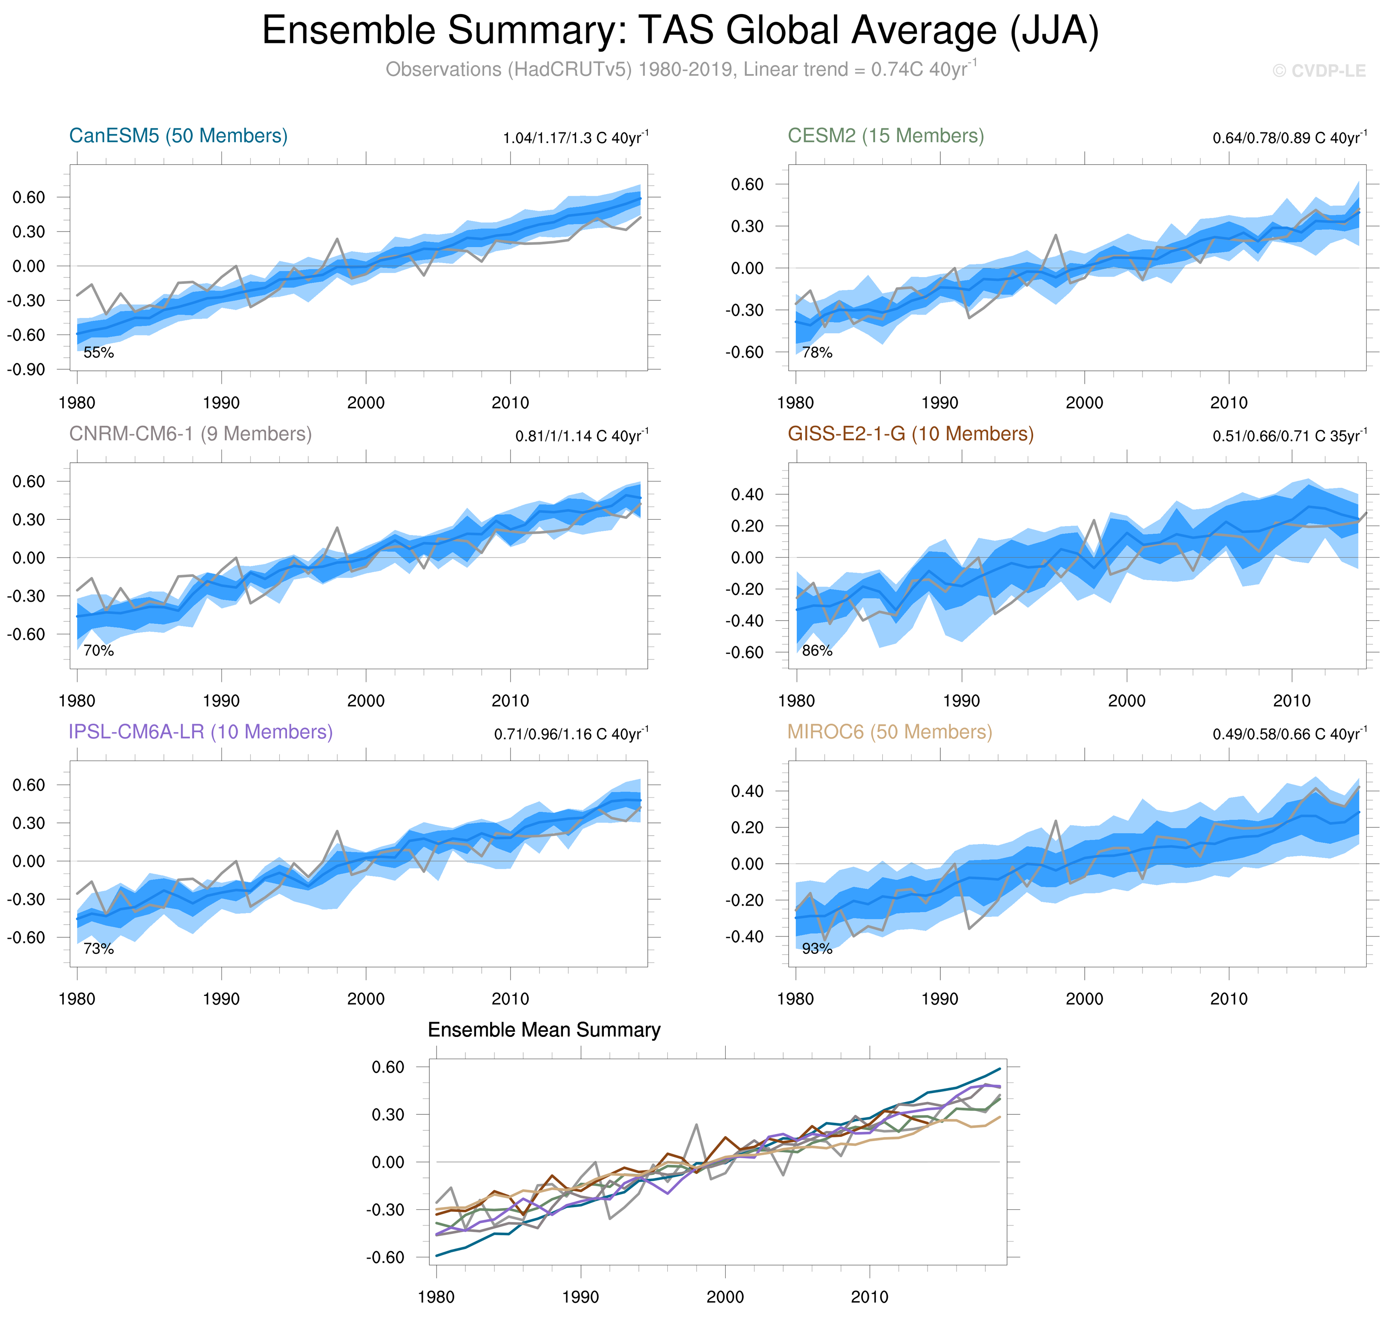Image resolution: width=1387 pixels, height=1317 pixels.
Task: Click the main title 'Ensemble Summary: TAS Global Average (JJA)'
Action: click(x=680, y=31)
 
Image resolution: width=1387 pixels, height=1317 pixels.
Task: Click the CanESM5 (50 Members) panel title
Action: click(x=178, y=135)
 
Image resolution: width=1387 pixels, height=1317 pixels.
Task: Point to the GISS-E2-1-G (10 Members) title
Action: click(x=910, y=434)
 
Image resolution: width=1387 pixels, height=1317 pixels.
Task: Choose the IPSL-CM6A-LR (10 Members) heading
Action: click(x=200, y=732)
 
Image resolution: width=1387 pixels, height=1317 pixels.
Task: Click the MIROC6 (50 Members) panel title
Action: click(x=889, y=732)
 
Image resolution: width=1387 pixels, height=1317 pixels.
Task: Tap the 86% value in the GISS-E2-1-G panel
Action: click(x=817, y=651)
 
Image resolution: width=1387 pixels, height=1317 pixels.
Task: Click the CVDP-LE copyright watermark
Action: click(x=1319, y=71)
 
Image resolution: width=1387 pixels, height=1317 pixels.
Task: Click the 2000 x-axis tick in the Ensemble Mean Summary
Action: click(x=725, y=1297)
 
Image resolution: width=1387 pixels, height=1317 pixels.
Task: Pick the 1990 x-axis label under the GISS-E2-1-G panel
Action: click(x=961, y=701)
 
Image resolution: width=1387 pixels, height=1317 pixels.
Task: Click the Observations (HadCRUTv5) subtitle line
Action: click(x=680, y=69)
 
